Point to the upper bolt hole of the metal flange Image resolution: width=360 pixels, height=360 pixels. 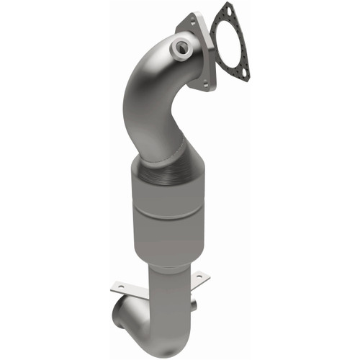coord(190,22)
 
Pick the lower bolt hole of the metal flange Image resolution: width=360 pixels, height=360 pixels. coord(206,84)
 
